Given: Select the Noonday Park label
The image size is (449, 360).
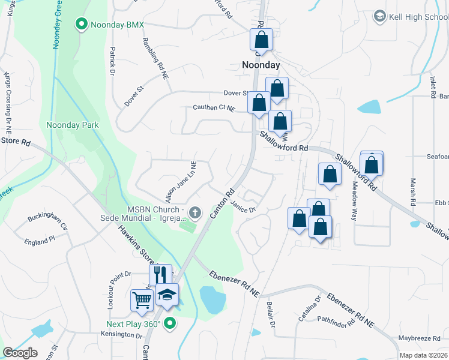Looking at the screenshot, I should (x=73, y=125).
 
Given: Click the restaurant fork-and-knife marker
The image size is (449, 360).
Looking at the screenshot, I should (x=160, y=275).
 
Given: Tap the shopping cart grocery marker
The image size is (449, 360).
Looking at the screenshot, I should (x=142, y=299).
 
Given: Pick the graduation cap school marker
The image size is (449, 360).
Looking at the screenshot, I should (x=167, y=293).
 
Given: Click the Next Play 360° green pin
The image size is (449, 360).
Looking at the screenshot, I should (x=170, y=324).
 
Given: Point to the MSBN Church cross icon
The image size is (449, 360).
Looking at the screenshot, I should (x=194, y=213).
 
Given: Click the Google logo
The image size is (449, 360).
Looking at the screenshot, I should (x=20, y=353).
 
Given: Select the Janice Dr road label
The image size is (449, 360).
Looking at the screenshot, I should (x=244, y=206).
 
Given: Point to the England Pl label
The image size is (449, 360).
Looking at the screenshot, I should (x=40, y=238).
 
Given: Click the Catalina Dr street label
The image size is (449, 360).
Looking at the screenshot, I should (x=310, y=308).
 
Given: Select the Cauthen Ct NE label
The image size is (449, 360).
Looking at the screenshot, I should (x=214, y=108).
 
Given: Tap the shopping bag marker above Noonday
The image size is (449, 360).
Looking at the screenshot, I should (x=262, y=40).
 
